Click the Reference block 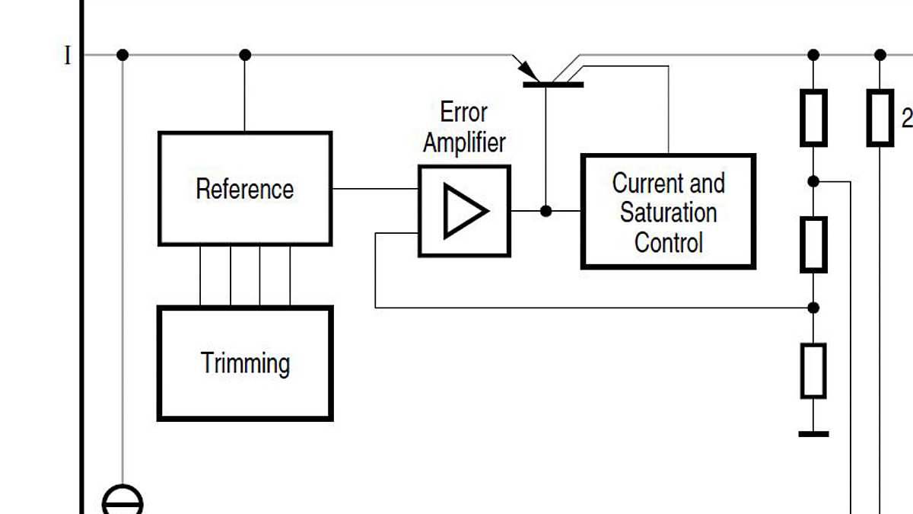[x=244, y=189]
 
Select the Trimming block [x=244, y=363]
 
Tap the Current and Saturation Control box [x=668, y=212]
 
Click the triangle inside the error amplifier [x=465, y=211]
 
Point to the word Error [x=463, y=113]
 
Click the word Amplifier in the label [x=463, y=142]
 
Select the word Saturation [x=668, y=212]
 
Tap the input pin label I [x=68, y=56]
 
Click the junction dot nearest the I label [x=122, y=55]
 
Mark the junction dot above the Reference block [x=244, y=55]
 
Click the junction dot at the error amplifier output [x=546, y=211]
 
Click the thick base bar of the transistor [x=553, y=84]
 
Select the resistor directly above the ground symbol [x=813, y=371]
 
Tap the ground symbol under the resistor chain [x=813, y=433]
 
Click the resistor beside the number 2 [x=880, y=117]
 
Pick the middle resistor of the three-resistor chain [x=813, y=244]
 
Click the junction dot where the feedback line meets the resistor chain [x=813, y=308]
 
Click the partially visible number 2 [x=906, y=118]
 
